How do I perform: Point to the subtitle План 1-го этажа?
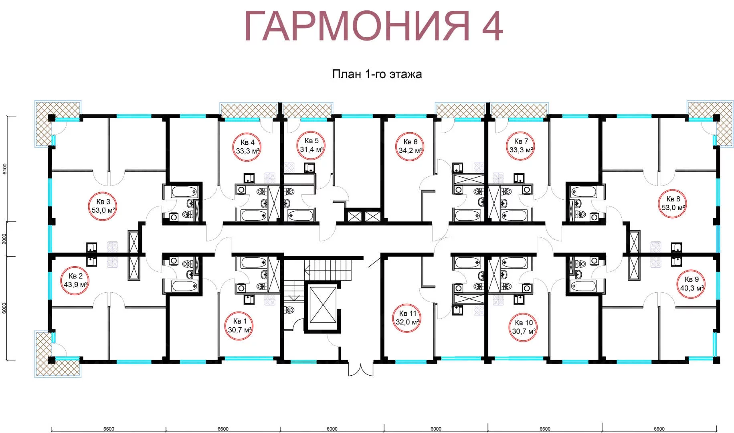click(x=377, y=74)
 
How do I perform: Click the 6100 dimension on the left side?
click(x=5, y=169)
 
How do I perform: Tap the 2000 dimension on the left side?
click(x=5, y=239)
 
